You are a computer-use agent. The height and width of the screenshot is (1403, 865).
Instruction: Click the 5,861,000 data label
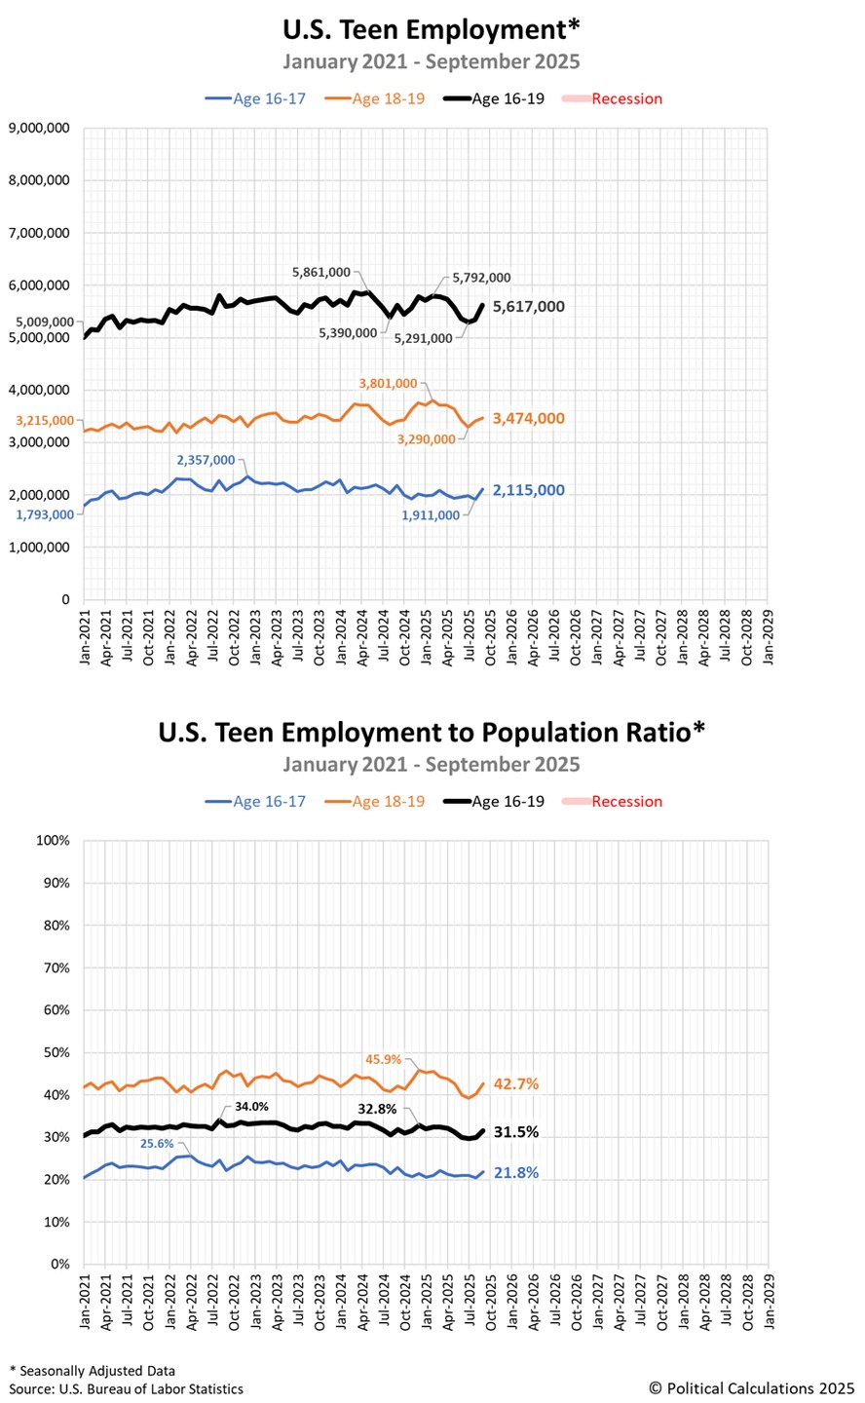click(x=321, y=273)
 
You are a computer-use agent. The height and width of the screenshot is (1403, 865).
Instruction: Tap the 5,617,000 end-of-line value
click(x=529, y=306)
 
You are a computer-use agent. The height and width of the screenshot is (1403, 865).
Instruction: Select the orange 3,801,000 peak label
click(x=388, y=383)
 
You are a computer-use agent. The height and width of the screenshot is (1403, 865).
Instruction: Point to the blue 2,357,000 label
click(x=206, y=460)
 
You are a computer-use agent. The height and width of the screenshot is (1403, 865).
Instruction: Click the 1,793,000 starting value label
click(x=45, y=514)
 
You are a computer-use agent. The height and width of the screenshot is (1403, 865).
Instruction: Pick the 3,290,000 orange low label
click(x=426, y=439)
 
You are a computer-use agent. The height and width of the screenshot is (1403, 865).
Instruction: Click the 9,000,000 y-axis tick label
click(x=39, y=129)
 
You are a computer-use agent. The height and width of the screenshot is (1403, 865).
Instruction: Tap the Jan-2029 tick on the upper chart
click(x=769, y=637)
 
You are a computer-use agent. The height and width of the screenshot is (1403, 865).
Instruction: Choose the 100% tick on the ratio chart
click(x=54, y=841)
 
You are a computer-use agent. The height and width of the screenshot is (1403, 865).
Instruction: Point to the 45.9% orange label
click(x=384, y=1059)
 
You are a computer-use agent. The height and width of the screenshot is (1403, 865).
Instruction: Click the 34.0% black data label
click(x=251, y=1107)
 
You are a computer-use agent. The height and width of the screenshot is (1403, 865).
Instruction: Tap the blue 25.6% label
click(x=157, y=1144)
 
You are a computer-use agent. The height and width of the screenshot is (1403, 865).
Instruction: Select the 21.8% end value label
click(x=516, y=1172)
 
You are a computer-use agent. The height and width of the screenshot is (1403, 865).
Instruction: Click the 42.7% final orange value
click(x=516, y=1083)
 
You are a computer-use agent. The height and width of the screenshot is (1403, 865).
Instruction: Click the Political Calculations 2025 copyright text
click(x=752, y=1388)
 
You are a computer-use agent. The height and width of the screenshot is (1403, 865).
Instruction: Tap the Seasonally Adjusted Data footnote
click(x=93, y=1371)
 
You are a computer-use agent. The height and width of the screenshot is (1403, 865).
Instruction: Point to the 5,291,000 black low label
click(x=423, y=339)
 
